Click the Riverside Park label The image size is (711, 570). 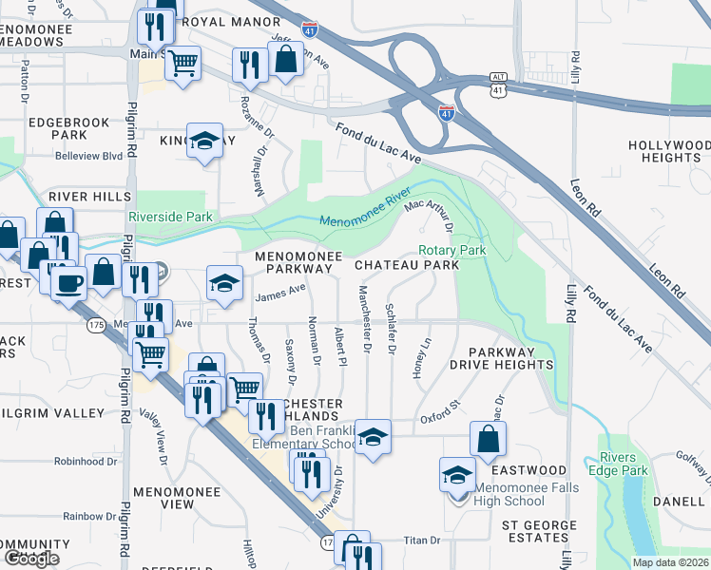[x=173, y=217]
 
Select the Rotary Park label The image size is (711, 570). [x=452, y=250]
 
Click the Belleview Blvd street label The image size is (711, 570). [x=88, y=156]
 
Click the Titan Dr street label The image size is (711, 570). [x=422, y=541]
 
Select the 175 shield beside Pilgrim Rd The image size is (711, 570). [x=95, y=325]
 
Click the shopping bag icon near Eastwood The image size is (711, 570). [x=489, y=438]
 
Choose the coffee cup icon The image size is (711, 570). [x=68, y=282]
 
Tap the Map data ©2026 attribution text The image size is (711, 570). [x=669, y=562]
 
